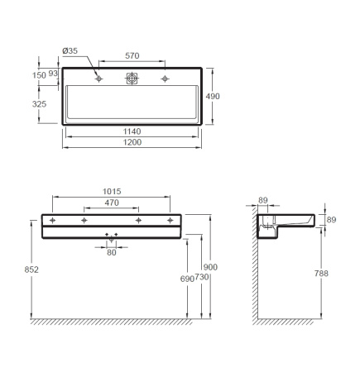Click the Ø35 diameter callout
click(70, 50)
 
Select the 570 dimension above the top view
click(132, 55)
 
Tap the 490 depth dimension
click(213, 96)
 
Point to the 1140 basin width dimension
click(132, 131)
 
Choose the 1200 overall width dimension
click(132, 142)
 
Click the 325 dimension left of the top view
click(39, 104)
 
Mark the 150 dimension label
click(39, 75)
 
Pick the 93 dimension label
click(53, 74)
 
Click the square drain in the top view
click(132, 79)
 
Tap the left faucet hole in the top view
click(98, 79)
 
